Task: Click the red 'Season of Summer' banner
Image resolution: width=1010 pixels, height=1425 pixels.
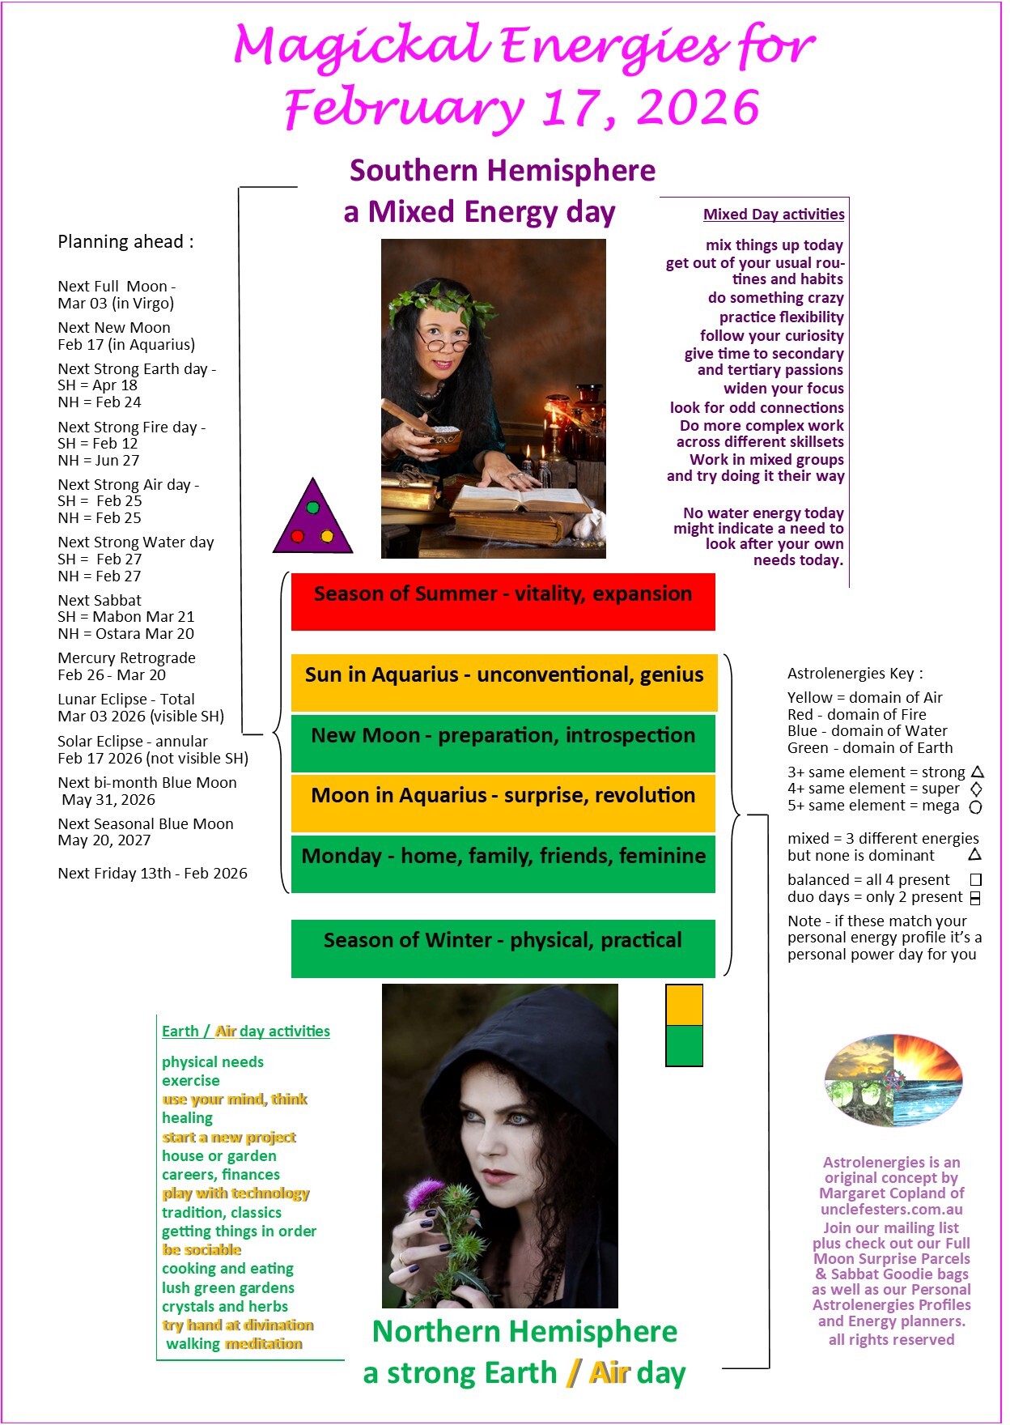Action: pos(503,601)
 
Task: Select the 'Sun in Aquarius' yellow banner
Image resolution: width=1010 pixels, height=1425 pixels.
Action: pos(503,682)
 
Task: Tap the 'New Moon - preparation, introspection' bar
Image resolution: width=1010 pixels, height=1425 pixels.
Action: pos(503,742)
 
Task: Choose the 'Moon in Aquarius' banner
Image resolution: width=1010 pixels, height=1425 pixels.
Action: pos(503,802)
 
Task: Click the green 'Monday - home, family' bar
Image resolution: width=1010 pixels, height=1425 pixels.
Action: pos(503,863)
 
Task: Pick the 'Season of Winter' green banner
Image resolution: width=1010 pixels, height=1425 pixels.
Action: pos(503,947)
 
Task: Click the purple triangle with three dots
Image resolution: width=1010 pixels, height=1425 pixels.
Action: pos(312,519)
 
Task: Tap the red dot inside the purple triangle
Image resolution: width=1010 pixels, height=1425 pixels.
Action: pos(297,536)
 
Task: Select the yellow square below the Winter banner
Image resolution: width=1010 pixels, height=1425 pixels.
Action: pos(684,1005)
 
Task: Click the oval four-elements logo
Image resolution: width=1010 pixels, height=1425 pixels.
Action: pos(893,1079)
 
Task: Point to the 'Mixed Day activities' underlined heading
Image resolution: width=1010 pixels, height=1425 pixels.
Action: pos(774,215)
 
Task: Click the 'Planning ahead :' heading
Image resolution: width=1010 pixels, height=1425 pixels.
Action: pos(125,242)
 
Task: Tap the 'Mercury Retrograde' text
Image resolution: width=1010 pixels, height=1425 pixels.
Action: pos(126,658)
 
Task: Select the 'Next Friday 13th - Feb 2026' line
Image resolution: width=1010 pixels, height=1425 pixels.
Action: pos(152,874)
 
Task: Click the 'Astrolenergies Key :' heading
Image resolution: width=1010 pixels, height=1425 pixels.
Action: pos(855,674)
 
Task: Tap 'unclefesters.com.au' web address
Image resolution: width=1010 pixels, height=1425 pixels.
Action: pos(891,1210)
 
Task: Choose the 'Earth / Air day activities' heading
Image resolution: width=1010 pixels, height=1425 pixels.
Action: pos(245,1032)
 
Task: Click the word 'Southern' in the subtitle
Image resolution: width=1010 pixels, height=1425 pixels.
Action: pos(414,171)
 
